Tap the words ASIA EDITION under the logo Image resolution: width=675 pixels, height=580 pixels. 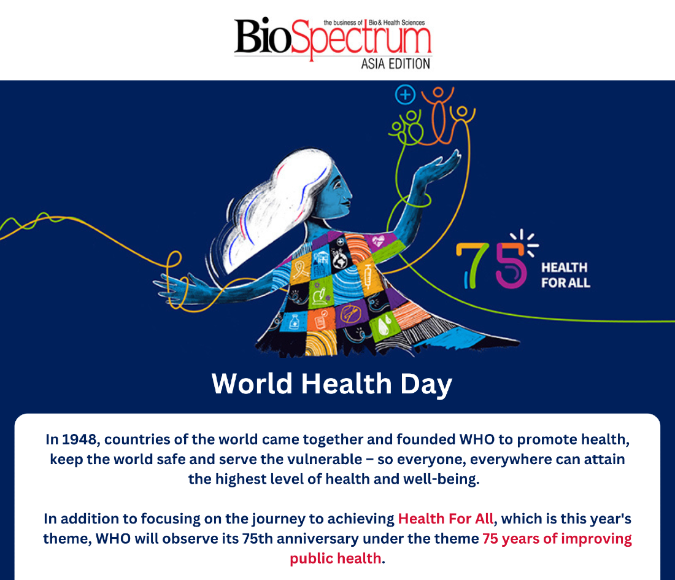(x=396, y=64)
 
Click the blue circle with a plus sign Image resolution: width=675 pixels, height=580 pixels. (x=405, y=95)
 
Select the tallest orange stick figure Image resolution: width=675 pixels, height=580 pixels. (x=438, y=115)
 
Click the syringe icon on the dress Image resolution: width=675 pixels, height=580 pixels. (x=368, y=275)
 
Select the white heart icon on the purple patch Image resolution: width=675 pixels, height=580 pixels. (x=379, y=241)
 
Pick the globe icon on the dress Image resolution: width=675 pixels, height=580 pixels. (x=340, y=260)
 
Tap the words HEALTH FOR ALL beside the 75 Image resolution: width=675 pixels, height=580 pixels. (x=566, y=275)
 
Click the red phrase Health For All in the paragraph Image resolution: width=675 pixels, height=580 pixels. (x=445, y=519)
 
